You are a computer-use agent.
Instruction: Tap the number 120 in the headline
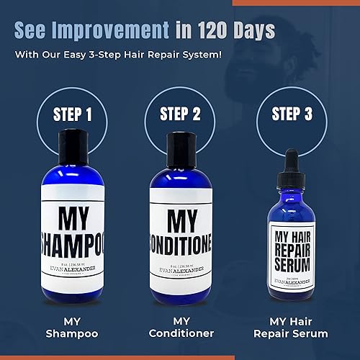[x=228, y=31]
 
